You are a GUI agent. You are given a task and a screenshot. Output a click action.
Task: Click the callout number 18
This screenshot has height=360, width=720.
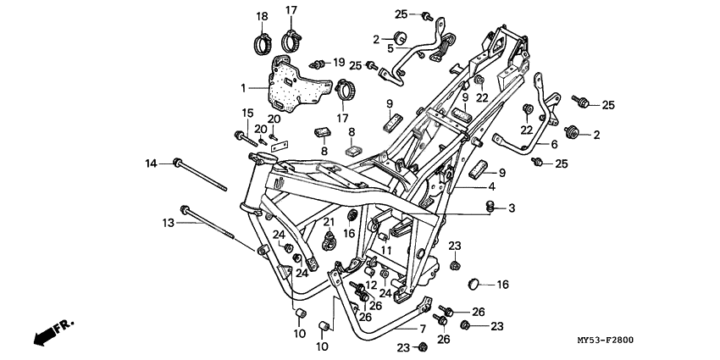pos(262,16)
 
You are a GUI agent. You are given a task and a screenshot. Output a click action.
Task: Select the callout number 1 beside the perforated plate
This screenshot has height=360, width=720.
pos(243,87)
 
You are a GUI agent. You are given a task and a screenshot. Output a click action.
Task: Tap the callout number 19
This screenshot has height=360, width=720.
pos(339,63)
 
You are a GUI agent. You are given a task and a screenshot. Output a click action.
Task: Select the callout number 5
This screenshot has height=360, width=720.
pos(390,48)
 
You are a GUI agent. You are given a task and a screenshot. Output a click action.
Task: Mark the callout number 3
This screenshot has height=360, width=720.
pos(512,208)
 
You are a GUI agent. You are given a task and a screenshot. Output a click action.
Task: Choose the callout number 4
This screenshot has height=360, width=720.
pos(490,186)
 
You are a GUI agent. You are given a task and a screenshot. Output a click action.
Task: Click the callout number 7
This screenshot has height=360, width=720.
pos(423,328)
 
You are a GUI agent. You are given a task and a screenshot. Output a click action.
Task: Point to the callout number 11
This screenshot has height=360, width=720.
pos(385,251)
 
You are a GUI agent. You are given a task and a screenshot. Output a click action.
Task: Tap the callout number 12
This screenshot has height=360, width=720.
pos(370,285)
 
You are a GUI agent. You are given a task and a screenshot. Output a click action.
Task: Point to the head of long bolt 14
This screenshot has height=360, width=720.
pos(178,162)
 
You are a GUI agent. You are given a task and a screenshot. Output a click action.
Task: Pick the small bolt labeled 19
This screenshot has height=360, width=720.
pos(319,63)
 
